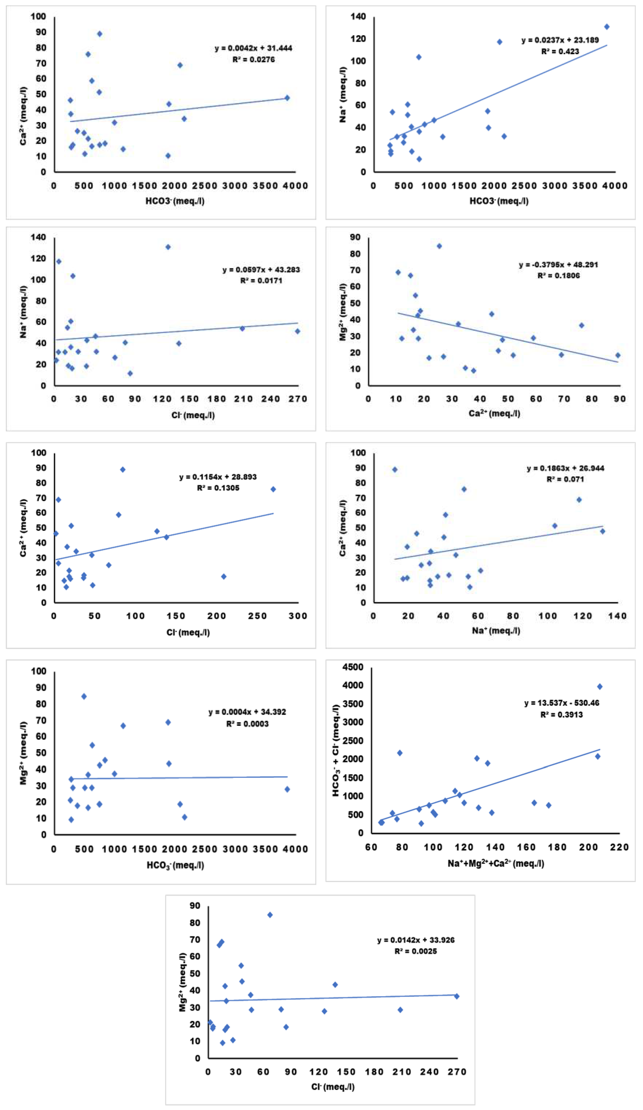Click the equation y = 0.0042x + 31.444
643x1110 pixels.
click(x=253, y=48)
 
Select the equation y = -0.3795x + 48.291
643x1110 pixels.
click(x=558, y=265)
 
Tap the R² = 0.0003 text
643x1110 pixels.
click(x=247, y=724)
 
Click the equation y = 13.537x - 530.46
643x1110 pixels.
click(x=562, y=703)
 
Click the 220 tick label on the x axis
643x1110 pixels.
click(x=619, y=847)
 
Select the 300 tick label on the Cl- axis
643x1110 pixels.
click(x=298, y=616)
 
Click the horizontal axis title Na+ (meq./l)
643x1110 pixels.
click(x=496, y=630)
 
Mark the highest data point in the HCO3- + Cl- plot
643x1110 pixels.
click(x=599, y=686)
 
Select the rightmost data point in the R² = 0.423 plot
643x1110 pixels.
click(x=606, y=27)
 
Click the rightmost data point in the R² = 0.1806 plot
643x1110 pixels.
click(x=618, y=355)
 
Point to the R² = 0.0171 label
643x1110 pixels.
click(x=261, y=281)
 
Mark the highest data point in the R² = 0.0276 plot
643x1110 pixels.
click(x=99, y=34)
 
